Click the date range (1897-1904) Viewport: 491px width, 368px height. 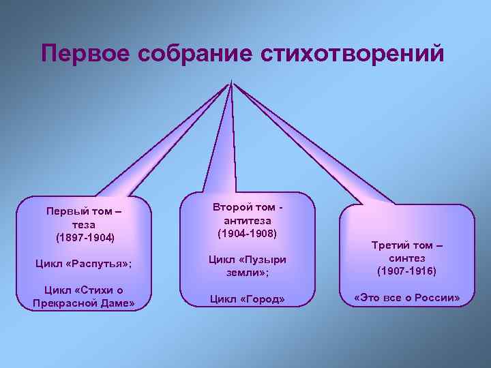pos(85,237)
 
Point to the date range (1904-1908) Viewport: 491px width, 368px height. pos(247,233)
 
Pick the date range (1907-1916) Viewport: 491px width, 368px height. pos(407,271)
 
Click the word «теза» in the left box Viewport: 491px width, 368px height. pos(85,224)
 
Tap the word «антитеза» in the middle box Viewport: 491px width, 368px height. pos(247,220)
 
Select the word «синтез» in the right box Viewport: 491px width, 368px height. pos(407,258)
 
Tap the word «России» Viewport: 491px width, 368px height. pos(438,298)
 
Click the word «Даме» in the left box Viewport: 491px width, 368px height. pos(118,303)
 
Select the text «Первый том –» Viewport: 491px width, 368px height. pos(85,211)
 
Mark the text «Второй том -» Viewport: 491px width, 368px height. pos(247,207)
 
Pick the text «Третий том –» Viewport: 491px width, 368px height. pos(407,245)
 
